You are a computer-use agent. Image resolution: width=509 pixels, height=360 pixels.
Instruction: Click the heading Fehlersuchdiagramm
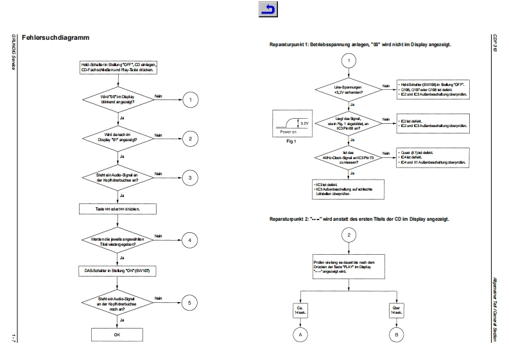point(55,39)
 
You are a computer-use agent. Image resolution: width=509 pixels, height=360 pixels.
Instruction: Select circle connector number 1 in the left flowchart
point(191,99)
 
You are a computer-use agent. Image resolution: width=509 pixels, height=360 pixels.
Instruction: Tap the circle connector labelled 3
point(191,177)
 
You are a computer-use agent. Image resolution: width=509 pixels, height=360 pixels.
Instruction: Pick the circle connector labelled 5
point(191,302)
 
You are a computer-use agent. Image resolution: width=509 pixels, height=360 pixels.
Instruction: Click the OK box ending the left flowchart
point(117,334)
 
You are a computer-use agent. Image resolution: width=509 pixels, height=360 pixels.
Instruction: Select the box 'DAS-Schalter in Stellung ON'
point(117,271)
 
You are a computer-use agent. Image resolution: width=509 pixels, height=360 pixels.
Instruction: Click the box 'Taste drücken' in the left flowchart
point(117,209)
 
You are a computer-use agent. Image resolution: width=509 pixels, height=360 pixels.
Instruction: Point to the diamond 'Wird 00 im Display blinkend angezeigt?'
point(117,99)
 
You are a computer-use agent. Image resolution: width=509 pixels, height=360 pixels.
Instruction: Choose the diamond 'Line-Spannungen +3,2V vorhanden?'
point(347,89)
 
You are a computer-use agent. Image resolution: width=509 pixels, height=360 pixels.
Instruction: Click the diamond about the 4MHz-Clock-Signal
point(347,157)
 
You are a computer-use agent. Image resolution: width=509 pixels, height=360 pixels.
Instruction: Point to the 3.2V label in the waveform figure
point(305,122)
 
